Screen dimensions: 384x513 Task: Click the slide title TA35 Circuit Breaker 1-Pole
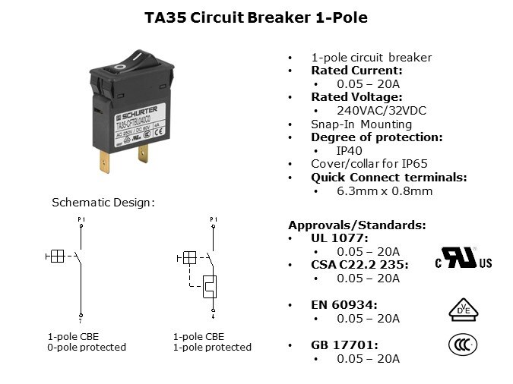255,17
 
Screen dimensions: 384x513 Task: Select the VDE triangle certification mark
463,308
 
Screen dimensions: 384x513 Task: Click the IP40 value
350,150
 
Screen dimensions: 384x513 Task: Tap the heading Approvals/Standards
356,225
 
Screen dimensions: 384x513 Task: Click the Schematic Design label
103,203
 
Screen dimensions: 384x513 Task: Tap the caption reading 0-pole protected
87,347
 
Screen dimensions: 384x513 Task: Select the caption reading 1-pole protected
212,347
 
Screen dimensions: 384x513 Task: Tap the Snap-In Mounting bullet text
361,124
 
